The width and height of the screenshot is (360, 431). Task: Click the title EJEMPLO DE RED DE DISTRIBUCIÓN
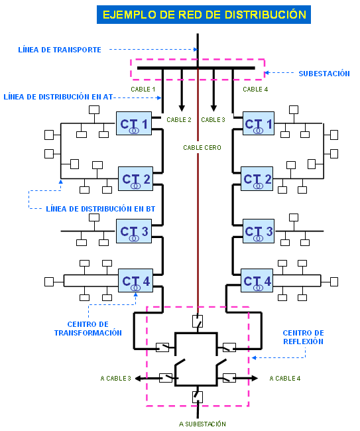click(x=204, y=15)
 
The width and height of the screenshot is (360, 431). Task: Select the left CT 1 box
click(x=134, y=123)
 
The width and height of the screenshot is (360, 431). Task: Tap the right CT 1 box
click(x=259, y=123)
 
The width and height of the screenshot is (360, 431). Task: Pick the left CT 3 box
click(x=134, y=231)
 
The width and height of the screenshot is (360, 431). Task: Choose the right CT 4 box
click(x=257, y=280)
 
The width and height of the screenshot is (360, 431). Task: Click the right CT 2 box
click(x=257, y=178)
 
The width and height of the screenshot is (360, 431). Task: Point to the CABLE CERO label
click(x=202, y=148)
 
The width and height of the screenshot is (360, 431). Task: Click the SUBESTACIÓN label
click(x=324, y=74)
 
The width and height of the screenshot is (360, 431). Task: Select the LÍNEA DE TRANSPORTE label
click(x=60, y=50)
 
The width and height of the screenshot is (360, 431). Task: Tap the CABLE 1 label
click(x=143, y=90)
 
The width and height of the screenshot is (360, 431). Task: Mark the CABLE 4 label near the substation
click(x=255, y=90)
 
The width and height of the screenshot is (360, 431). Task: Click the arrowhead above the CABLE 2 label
click(x=182, y=108)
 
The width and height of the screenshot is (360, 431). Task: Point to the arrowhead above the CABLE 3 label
click(x=213, y=108)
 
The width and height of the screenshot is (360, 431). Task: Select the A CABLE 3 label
click(x=116, y=379)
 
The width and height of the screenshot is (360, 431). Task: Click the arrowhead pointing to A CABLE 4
click(x=255, y=378)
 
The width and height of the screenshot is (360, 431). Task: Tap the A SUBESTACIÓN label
click(x=202, y=424)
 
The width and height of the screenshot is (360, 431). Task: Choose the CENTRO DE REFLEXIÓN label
click(x=303, y=338)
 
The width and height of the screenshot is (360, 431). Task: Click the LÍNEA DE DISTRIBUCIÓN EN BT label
click(x=100, y=209)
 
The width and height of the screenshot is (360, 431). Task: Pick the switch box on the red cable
click(x=198, y=321)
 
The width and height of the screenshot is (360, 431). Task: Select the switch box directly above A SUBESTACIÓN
click(x=198, y=397)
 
